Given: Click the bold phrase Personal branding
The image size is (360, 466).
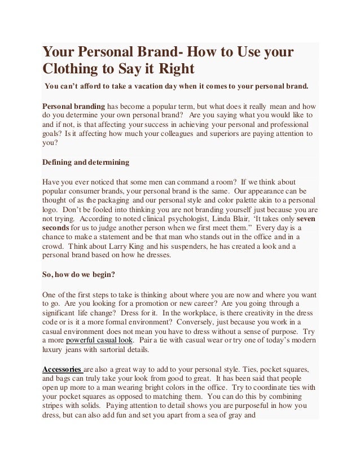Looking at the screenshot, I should (74, 106).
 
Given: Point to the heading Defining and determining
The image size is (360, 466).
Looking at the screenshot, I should (86, 162).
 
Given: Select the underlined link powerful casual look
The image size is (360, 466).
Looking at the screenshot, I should (100, 341).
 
